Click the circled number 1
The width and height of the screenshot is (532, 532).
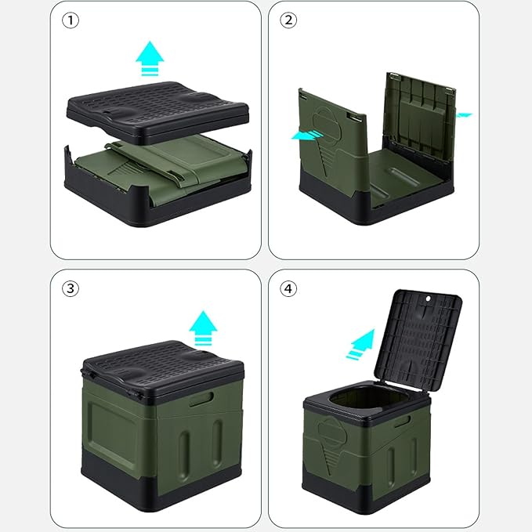pos(71,20)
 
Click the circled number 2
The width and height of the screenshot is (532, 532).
pos(288,20)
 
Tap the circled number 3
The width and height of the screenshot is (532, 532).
pos(71,289)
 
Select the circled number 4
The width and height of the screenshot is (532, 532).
pos(288,289)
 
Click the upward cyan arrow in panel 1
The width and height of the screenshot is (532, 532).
pos(150,58)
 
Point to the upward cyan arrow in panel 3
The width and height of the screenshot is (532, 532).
pos(203,328)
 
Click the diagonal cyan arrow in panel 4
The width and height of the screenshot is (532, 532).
pos(361,344)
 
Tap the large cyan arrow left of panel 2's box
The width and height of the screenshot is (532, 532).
pos(307,135)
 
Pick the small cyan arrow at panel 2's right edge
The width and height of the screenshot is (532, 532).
pos(464,115)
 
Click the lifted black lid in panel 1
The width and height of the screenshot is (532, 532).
pos(157,111)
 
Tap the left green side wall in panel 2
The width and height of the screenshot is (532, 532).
pos(332,143)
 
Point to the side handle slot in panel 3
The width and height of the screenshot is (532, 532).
pos(201,399)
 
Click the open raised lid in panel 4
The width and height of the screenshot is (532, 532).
pos(418,341)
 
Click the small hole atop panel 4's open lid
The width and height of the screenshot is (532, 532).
pos(428,299)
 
